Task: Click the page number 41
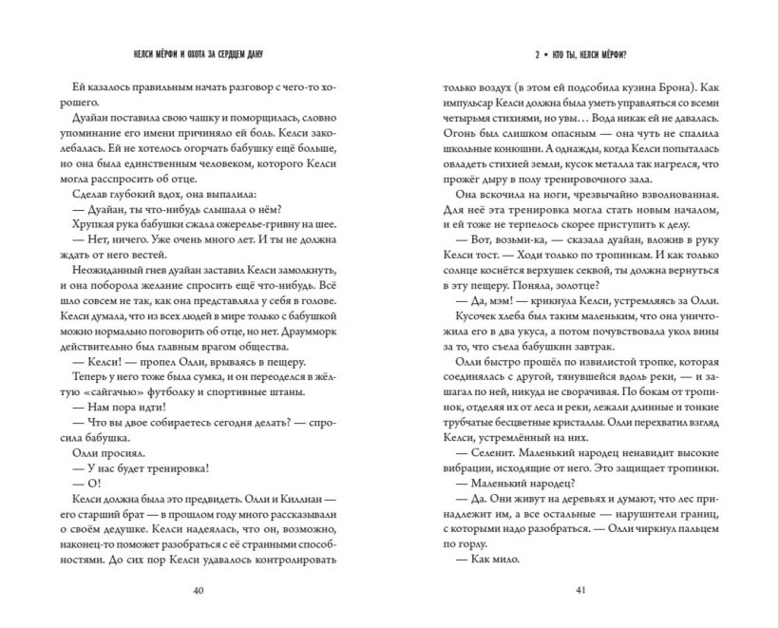pyautogui.click(x=579, y=590)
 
